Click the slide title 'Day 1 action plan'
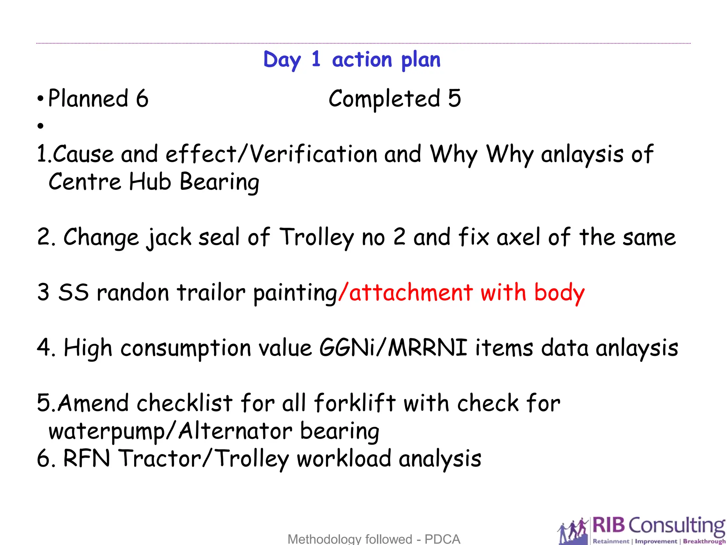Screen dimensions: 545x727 pyautogui.click(x=352, y=60)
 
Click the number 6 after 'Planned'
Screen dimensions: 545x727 pyautogui.click(x=142, y=98)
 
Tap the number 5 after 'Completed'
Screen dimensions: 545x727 pyautogui.click(x=454, y=98)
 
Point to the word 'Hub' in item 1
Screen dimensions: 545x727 pyautogui.click(x=150, y=182)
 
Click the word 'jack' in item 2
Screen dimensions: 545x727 pyautogui.click(x=169, y=237)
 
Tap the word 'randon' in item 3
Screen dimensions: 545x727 pyautogui.click(x=133, y=293)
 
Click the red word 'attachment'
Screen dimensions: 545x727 pyautogui.click(x=411, y=293)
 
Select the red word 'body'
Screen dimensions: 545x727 pyautogui.click(x=559, y=293)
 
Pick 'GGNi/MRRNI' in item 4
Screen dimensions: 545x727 pyautogui.click(x=393, y=348)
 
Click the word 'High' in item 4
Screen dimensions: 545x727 pyautogui.click(x=88, y=348)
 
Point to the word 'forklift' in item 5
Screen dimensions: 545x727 pyautogui.click(x=355, y=403)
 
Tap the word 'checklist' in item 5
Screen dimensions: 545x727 pyautogui.click(x=185, y=403)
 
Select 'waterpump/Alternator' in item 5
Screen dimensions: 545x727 pyautogui.click(x=170, y=431)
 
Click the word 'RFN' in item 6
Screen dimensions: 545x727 pyautogui.click(x=87, y=458)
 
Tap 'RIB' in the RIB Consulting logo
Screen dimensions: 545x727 pyautogui.click(x=608, y=525)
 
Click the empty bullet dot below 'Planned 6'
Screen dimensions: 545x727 pyautogui.click(x=41, y=126)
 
